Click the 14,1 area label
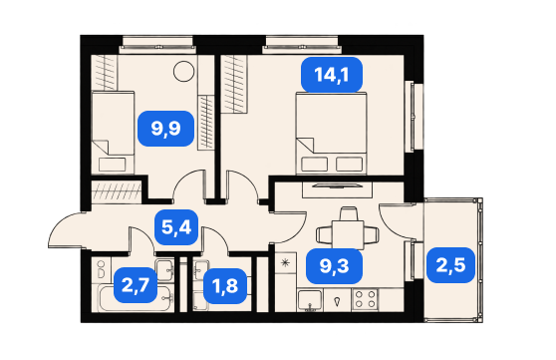pyautogui.click(x=332, y=75)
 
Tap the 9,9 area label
pyautogui.click(x=166, y=129)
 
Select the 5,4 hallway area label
pyautogui.click(x=176, y=227)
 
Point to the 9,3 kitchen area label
pyautogui.click(x=334, y=266)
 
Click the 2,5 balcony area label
pyautogui.click(x=450, y=265)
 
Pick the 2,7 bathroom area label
pyautogui.click(x=136, y=285)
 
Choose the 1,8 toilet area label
pyautogui.click(x=225, y=286)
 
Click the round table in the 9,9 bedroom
pyautogui.click(x=184, y=72)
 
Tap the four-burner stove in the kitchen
pyautogui.click(x=366, y=299)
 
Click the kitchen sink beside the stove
pyautogui.click(x=310, y=300)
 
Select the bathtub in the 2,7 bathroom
pyautogui.click(x=137, y=298)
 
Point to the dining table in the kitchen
pyautogui.click(x=348, y=234)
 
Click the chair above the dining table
pyautogui.click(x=348, y=213)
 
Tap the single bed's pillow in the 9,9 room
pyautogui.click(x=113, y=165)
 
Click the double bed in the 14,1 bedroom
pyautogui.click(x=331, y=134)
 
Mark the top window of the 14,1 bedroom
pyautogui.click(x=301, y=45)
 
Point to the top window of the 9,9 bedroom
pyautogui.click(x=157, y=45)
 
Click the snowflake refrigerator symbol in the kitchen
pyautogui.click(x=285, y=263)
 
